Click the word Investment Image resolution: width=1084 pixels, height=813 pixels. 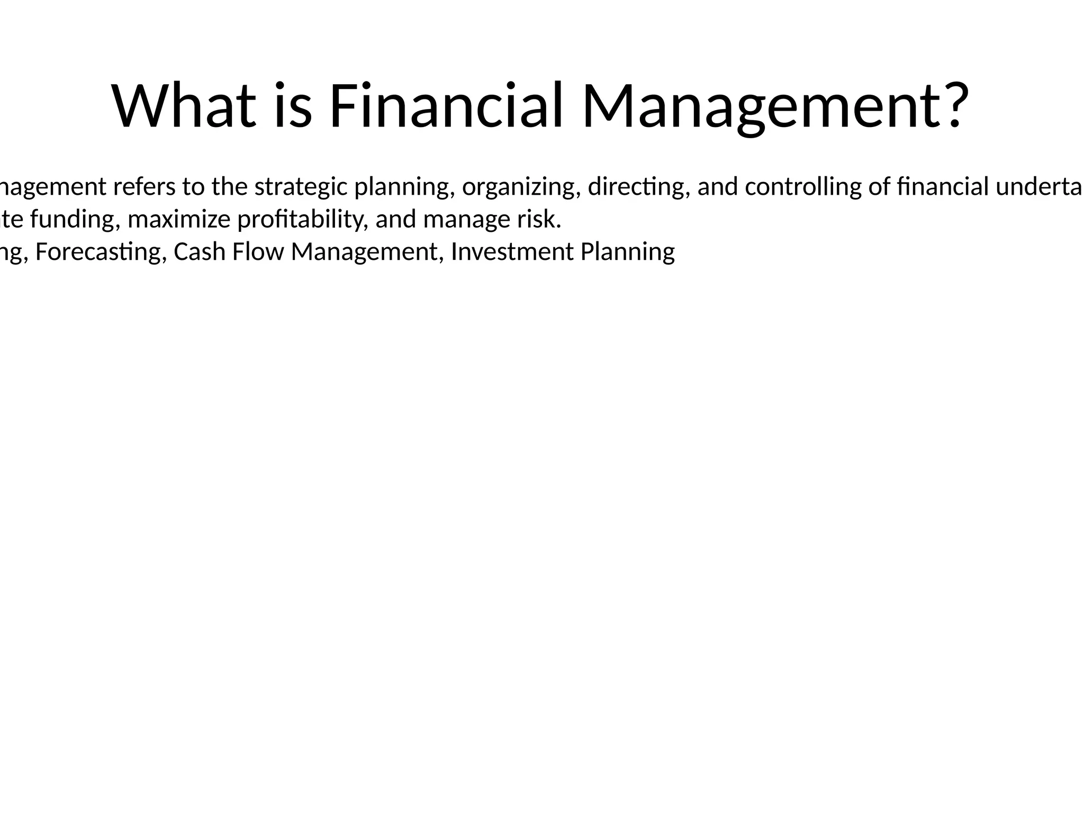tap(512, 251)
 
